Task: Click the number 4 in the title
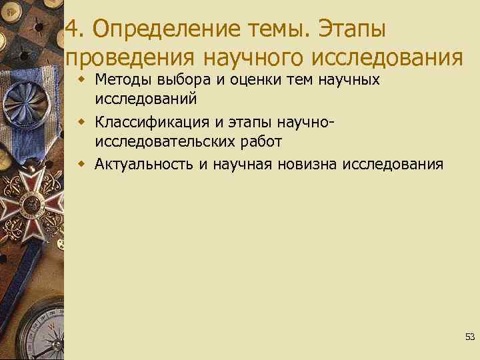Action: pyautogui.click(x=73, y=29)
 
